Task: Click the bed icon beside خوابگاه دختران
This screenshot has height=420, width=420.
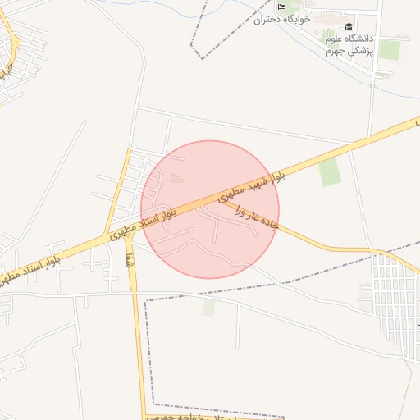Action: [282, 7]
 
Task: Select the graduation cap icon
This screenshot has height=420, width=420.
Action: [349, 27]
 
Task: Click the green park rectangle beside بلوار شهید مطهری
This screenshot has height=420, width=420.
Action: [330, 171]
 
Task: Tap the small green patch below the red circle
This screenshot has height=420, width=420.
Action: [208, 307]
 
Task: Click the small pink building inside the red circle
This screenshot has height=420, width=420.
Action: [180, 177]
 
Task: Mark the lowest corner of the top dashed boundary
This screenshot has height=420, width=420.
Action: [202, 57]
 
